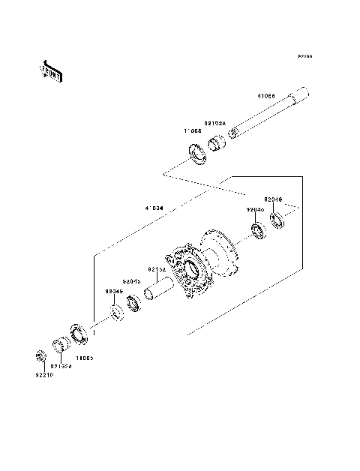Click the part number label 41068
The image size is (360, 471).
click(265, 97)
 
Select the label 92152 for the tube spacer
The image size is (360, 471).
click(156, 268)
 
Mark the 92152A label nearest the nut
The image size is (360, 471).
click(61, 367)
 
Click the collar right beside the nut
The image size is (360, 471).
click(59, 346)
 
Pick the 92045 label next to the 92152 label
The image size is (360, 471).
click(132, 281)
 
